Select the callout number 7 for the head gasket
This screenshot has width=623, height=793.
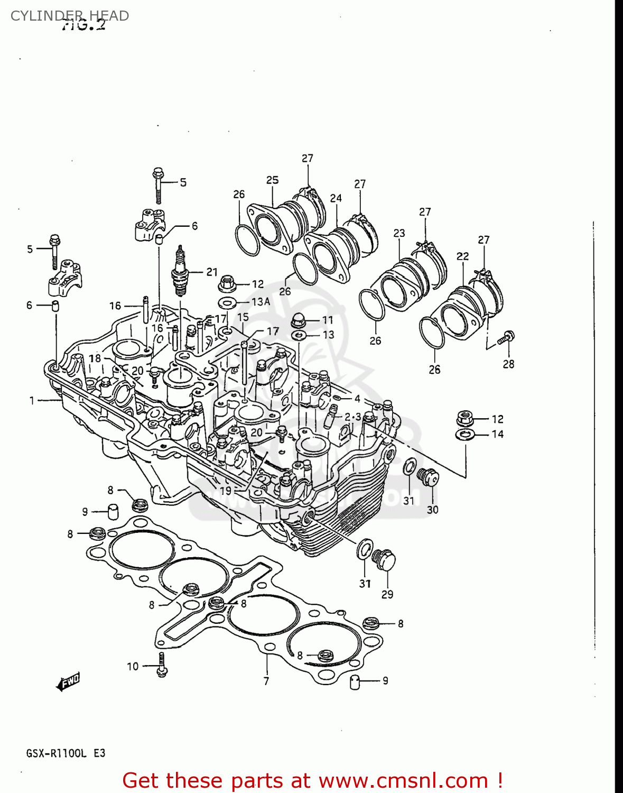point(266,681)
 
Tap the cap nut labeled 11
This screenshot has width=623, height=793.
point(299,320)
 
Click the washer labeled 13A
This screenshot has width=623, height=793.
point(228,302)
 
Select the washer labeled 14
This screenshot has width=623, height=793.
point(464,435)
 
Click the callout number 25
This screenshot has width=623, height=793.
point(272,180)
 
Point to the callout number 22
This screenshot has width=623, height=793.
point(462,256)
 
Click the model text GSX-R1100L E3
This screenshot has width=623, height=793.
point(66,753)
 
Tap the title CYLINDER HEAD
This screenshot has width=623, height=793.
point(69,16)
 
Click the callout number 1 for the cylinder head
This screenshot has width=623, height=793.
point(32,401)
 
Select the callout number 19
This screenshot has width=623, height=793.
point(226,491)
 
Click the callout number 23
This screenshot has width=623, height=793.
point(399,233)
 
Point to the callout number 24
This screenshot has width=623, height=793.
point(336,198)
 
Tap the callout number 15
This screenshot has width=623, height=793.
point(243,317)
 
